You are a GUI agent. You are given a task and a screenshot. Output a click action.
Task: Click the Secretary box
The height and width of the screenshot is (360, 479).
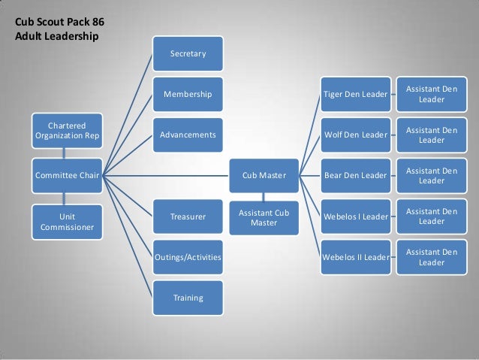tap(188, 53)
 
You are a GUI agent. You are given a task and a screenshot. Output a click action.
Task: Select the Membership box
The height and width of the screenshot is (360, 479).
tap(188, 95)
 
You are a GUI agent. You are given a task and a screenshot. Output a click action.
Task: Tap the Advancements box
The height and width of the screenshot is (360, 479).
tap(188, 135)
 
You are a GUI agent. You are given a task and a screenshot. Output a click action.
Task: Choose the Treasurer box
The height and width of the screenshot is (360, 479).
tap(188, 216)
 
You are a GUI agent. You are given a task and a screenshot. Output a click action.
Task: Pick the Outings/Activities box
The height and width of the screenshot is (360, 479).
tap(188, 257)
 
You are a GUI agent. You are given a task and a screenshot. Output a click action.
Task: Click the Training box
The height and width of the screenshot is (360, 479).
tap(188, 298)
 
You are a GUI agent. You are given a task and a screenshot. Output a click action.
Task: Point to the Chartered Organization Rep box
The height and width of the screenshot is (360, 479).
tap(67, 129)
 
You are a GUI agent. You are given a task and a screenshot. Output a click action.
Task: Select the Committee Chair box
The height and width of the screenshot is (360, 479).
tap(67, 176)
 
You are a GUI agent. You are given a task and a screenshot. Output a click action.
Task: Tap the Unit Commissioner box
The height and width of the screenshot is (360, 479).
tap(67, 222)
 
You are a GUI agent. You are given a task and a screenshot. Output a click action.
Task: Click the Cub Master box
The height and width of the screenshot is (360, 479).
tap(264, 176)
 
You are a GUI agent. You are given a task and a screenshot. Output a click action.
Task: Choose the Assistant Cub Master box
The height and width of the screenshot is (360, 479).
tap(264, 217)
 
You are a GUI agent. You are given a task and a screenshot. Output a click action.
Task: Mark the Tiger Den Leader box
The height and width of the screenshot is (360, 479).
tap(355, 95)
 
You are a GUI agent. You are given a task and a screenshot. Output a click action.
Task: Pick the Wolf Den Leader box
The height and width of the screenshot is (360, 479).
tap(355, 135)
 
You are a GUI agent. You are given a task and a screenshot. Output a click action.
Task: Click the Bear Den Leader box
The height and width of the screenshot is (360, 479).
tap(355, 176)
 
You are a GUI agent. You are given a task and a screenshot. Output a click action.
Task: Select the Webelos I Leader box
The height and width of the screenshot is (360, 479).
tap(355, 216)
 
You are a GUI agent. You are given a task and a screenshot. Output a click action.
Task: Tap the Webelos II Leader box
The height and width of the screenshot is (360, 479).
tap(355, 257)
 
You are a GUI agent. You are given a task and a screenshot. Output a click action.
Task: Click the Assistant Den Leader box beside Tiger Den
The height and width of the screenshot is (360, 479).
tap(431, 95)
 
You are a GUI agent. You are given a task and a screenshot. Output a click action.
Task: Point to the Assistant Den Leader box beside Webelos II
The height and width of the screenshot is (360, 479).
tap(431, 257)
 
